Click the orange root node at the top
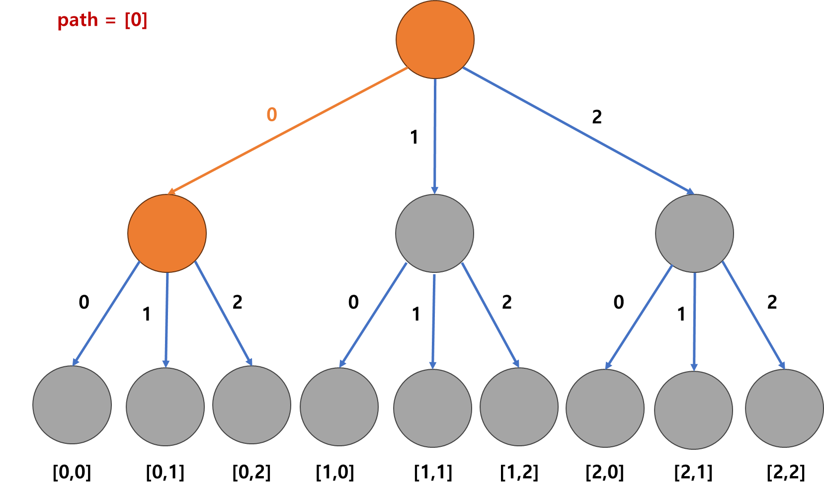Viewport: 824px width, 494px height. pyautogui.click(x=435, y=39)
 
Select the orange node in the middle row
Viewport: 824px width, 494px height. pyautogui.click(x=167, y=233)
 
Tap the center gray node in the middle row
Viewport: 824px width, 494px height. pyautogui.click(x=434, y=233)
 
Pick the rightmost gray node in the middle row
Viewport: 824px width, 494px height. pyautogui.click(x=694, y=233)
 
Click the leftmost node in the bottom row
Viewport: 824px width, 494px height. pyautogui.click(x=72, y=405)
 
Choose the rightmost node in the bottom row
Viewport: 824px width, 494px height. pyautogui.click(x=784, y=408)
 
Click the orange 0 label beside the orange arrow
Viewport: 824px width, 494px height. pyautogui.click(x=271, y=115)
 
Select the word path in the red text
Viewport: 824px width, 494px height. pyautogui.click(x=78, y=20)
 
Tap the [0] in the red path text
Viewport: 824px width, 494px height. pyautogui.click(x=136, y=20)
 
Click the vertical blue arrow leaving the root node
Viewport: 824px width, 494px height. pyautogui.click(x=435, y=134)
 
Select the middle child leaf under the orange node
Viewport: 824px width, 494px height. pyautogui.click(x=165, y=407)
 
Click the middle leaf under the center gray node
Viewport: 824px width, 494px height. pyautogui.click(x=432, y=408)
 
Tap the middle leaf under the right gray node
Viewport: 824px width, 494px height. pyautogui.click(x=693, y=410)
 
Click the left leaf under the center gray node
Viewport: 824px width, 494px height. pyautogui.click(x=339, y=407)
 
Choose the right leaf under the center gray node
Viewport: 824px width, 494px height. pyautogui.click(x=519, y=407)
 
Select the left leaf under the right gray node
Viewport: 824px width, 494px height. pyautogui.click(x=605, y=408)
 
